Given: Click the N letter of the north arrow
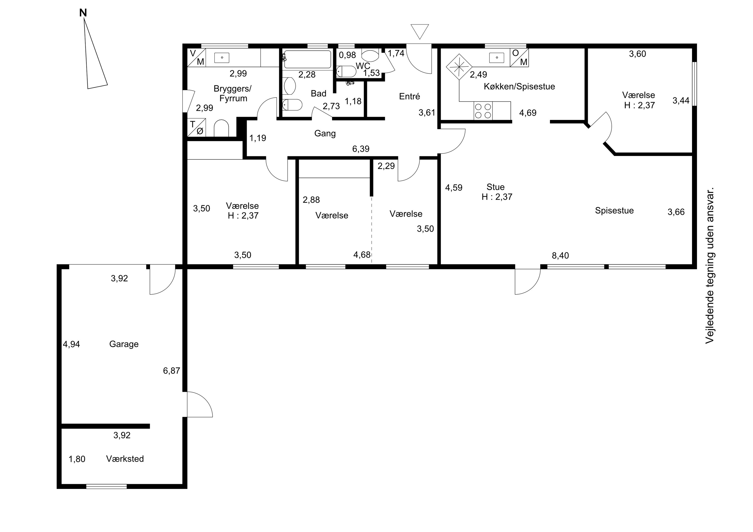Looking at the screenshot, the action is click(83, 13).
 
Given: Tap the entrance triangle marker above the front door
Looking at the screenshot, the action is click(419, 31).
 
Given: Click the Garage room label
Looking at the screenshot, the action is click(124, 344).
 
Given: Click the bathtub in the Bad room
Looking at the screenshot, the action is click(307, 59).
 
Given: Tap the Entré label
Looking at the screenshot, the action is click(410, 96).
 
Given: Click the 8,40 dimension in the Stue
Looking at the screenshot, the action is click(560, 255).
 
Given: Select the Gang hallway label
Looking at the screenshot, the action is click(325, 133).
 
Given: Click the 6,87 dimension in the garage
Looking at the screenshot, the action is click(171, 371).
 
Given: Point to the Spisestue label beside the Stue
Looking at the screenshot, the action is click(614, 210).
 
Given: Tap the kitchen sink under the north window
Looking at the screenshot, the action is click(497, 58).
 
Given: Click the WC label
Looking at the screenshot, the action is click(363, 66).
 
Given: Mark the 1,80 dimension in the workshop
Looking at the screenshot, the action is click(77, 459).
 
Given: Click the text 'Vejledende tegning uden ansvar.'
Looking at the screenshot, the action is click(710, 266).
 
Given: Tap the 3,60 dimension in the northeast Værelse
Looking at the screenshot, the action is click(638, 54).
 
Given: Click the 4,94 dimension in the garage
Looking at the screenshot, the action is click(72, 344).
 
